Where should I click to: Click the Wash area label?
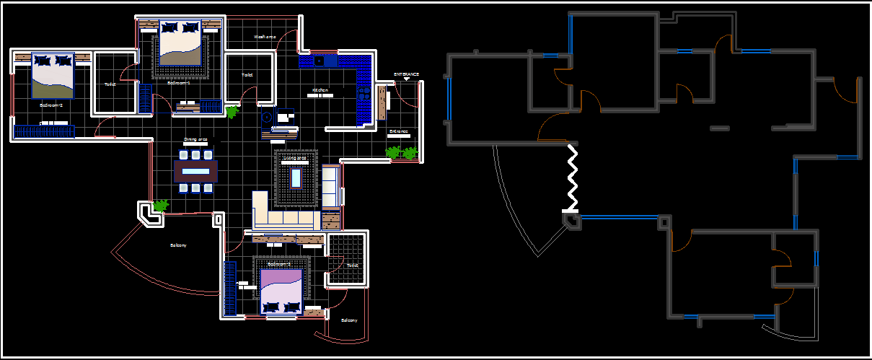(x=265, y=37)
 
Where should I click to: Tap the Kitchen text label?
(x=320, y=90)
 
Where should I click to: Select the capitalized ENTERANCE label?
(x=406, y=74)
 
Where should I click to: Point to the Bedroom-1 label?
(x=178, y=83)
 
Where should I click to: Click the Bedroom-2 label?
(x=51, y=105)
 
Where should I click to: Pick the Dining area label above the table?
(x=195, y=139)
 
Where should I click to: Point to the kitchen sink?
(x=318, y=61)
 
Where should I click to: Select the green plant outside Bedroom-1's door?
(x=232, y=112)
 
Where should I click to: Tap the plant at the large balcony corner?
(x=160, y=206)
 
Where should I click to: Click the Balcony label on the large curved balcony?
(x=178, y=245)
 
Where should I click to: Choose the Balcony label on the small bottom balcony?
(x=348, y=320)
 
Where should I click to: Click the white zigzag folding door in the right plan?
(x=573, y=177)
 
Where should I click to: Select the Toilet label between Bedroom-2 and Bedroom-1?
(x=110, y=84)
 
